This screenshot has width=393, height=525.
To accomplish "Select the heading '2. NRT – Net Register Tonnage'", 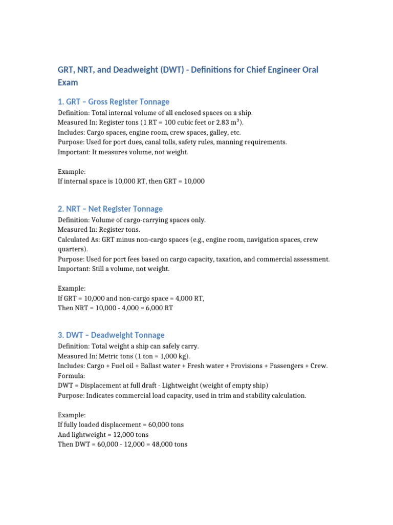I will [x=110, y=209].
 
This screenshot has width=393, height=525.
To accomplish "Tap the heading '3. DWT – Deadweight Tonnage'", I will [x=111, y=335].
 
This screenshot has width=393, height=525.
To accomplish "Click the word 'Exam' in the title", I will [x=68, y=82].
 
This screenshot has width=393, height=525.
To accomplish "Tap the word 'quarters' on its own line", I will [x=72, y=249].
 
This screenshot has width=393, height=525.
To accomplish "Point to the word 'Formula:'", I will [x=72, y=375].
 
